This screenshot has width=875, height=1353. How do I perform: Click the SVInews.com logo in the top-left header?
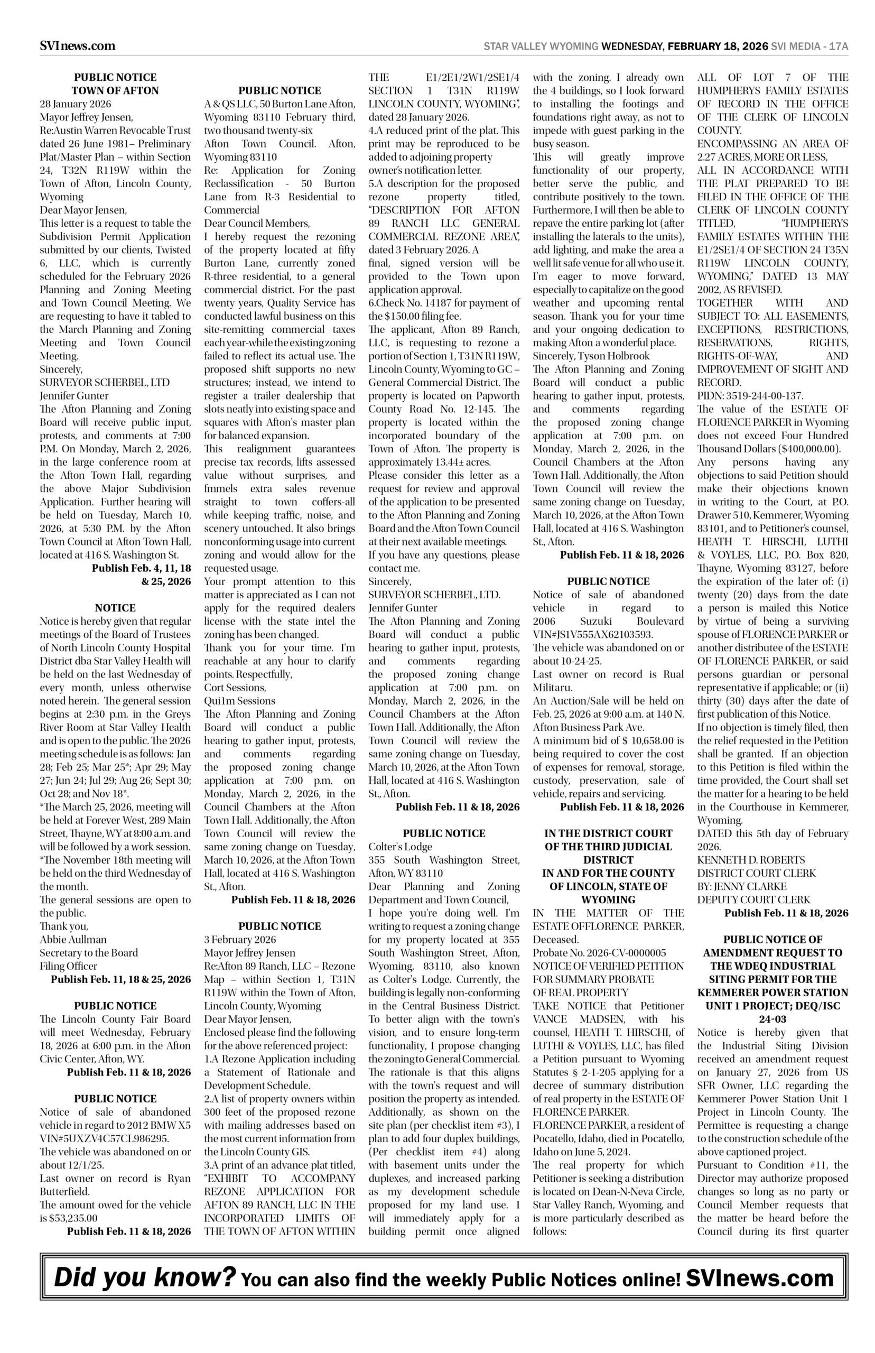77,46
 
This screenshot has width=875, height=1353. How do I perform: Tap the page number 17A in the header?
838,47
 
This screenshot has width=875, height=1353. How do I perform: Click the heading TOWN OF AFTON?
115,90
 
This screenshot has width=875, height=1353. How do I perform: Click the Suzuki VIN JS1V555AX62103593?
593,634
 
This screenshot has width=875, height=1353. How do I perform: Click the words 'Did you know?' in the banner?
144,1278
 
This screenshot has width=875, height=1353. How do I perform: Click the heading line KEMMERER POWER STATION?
772,993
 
